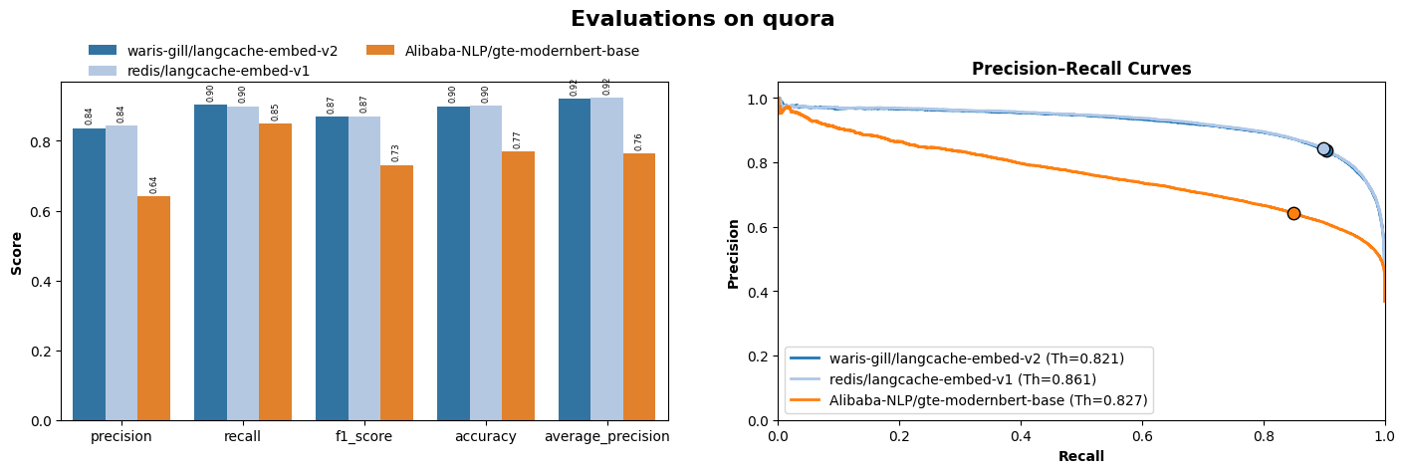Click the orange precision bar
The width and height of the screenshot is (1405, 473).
(153, 309)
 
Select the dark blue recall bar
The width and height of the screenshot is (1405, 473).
(210, 263)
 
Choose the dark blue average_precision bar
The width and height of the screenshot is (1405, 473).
(575, 259)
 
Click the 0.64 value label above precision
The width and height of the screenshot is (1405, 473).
(154, 185)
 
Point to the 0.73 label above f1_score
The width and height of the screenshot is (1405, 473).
(396, 153)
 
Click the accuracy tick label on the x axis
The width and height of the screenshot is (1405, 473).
(486, 437)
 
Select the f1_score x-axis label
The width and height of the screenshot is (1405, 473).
(364, 437)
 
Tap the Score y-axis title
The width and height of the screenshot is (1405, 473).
(17, 254)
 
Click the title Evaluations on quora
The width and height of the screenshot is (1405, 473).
(702, 19)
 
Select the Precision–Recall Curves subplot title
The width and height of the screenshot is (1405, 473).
(1080, 70)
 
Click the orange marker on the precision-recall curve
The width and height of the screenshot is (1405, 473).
(1293, 213)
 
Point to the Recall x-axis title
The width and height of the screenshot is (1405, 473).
(1080, 457)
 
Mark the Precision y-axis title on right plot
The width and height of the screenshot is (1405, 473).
(734, 254)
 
